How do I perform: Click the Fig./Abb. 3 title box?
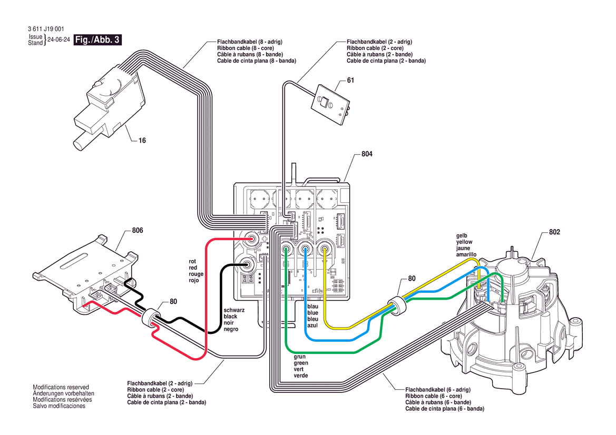pos(98,40)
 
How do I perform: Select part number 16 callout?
pos(142,141)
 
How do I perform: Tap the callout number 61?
pos(350,81)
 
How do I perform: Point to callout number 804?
pos(367,154)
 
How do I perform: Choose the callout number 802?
pos(554,232)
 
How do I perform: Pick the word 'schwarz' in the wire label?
pos(234,310)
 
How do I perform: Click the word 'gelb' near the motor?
pos(462,236)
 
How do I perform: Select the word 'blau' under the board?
pos(312,307)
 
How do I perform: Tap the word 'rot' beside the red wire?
pos(192,261)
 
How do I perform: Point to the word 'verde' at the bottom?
pos(301,375)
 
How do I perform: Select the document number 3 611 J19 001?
pos(46,29)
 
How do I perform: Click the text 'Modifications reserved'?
pos(61,387)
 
